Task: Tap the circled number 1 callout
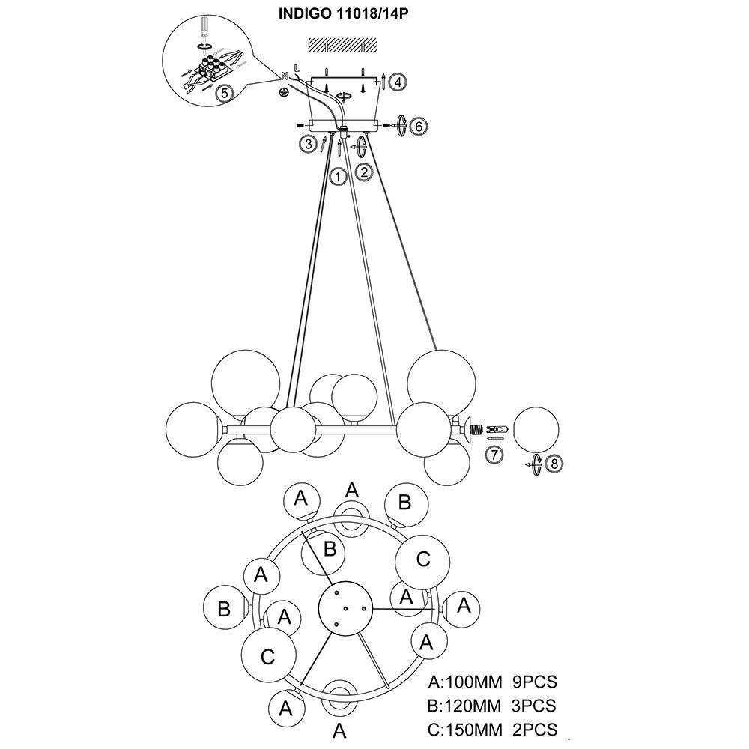[338, 177]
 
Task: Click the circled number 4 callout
[399, 81]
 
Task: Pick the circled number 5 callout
[222, 94]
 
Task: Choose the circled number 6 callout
[419, 127]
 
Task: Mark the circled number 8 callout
[554, 464]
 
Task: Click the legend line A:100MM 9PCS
[493, 682]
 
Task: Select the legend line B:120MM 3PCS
[491, 706]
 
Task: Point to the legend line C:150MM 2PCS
[493, 728]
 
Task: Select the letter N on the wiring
[285, 75]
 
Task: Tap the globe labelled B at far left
[224, 608]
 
